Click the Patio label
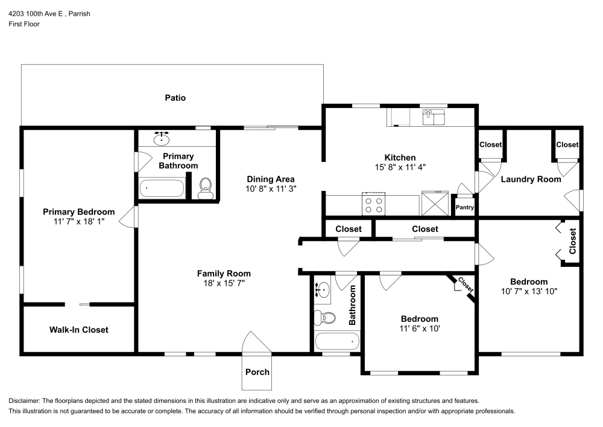click(x=175, y=97)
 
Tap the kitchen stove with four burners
click(x=373, y=204)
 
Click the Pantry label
click(x=465, y=208)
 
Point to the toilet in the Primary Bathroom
click(x=206, y=188)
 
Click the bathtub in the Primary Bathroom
click(x=162, y=188)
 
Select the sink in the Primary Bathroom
click(x=161, y=138)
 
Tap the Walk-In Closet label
click(x=78, y=330)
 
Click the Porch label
click(x=257, y=371)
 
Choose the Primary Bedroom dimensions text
click(x=78, y=222)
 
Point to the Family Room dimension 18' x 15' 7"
click(x=224, y=283)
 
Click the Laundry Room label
click(x=531, y=179)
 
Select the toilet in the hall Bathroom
click(x=327, y=317)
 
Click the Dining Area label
click(x=271, y=179)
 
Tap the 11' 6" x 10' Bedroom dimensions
click(x=420, y=329)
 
